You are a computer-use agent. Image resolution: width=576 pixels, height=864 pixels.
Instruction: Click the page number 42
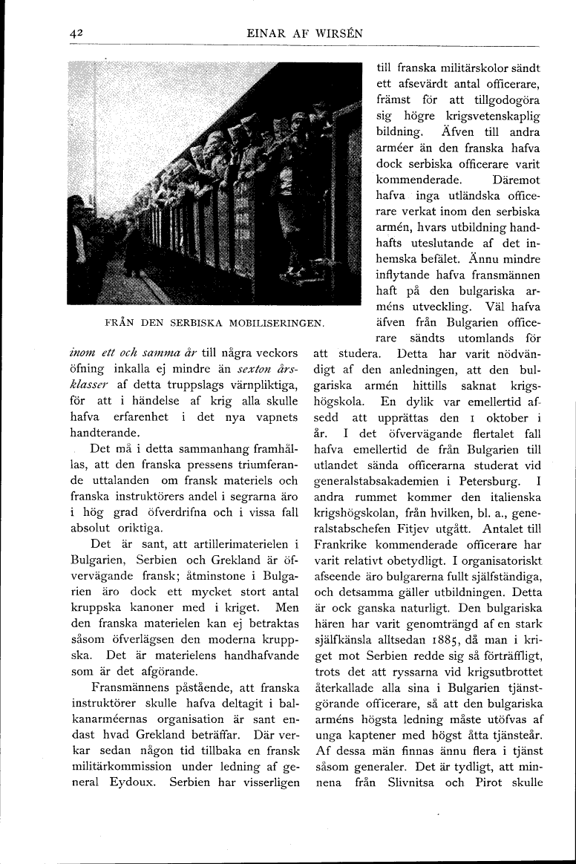tap(75, 33)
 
